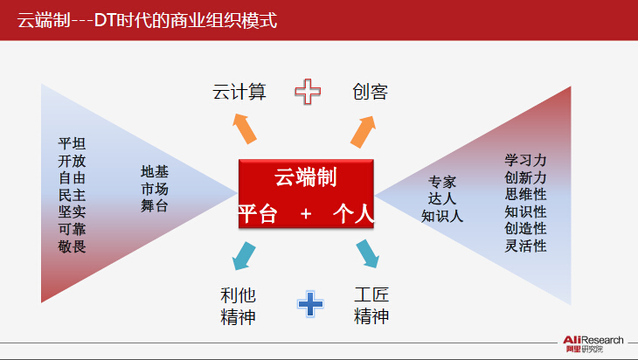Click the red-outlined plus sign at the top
click(x=308, y=91)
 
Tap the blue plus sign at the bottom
click(x=310, y=304)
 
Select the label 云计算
click(x=239, y=92)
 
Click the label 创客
click(x=370, y=92)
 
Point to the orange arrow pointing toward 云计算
click(x=245, y=128)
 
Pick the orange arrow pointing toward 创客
click(x=363, y=132)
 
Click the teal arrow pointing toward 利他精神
click(x=244, y=256)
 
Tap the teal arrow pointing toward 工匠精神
click(x=367, y=253)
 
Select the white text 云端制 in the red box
click(x=306, y=177)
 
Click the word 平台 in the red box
click(x=258, y=213)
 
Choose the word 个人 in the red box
click(x=353, y=213)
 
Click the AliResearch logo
click(x=593, y=343)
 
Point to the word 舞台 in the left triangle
click(x=155, y=206)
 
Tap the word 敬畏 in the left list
click(x=72, y=246)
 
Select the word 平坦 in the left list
click(x=72, y=143)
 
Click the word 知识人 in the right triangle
click(x=442, y=216)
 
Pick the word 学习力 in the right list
click(x=525, y=160)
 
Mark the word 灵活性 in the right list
click(x=525, y=246)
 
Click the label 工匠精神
click(x=371, y=306)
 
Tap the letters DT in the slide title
click(x=105, y=20)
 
